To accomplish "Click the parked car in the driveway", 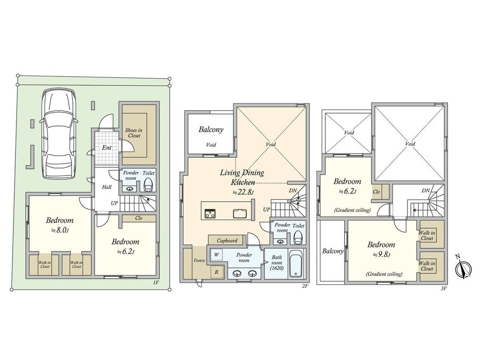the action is pos(59,134).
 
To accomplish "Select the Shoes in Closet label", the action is pos(134,133).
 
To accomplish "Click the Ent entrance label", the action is pos(107,148).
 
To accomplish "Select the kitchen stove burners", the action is pos(210,213).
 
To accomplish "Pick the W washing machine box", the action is pos(216,255).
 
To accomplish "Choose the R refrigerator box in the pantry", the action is pos(216,271).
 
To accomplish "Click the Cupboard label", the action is pos(227,240).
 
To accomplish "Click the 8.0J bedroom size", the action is pos(60,230).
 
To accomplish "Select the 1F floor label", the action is pos(156,283).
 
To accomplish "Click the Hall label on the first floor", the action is pos(107,187).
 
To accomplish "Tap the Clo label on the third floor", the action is pos(376,192).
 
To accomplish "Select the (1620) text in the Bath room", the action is pos(276,268).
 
